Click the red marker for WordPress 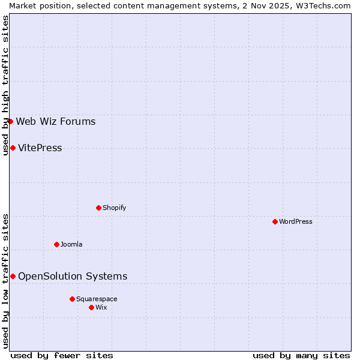pos(275,221)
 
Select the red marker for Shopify pos(98,208)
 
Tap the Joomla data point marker pos(56,244)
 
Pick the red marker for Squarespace pos(72,299)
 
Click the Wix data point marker pos(91,307)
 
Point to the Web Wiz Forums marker pos(10,121)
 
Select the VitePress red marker pos(13,148)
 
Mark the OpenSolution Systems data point pos(13,276)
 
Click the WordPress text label pos(296,221)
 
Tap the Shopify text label pos(114,208)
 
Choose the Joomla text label pos(71,244)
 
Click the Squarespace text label pos(97,299)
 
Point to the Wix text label pos(101,307)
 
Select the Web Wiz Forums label pos(56,122)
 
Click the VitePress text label pos(40,148)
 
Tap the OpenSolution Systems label pos(73,277)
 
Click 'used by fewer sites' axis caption pos(62,355)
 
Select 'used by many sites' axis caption pos(301,355)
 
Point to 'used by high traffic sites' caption pos(5,85)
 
